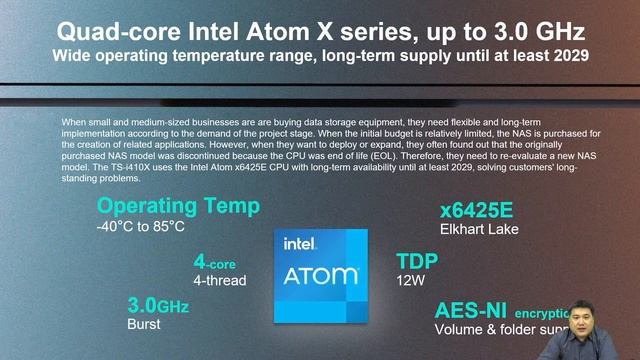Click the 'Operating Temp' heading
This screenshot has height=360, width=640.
tap(178, 207)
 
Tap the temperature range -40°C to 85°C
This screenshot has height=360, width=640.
tap(141, 227)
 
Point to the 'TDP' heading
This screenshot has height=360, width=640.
tap(418, 261)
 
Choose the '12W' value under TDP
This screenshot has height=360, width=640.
tap(411, 281)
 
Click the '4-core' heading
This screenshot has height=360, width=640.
tap(215, 262)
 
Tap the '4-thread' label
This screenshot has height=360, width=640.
tap(220, 281)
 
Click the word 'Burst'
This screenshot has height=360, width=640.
tap(144, 325)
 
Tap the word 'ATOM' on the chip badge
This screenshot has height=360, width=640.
tap(321, 274)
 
